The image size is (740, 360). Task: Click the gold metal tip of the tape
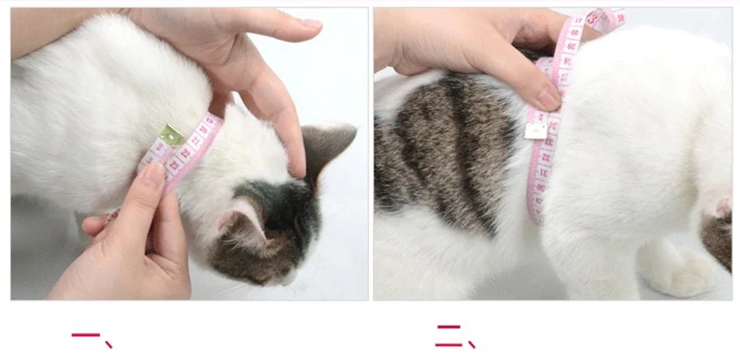click(x=169, y=135)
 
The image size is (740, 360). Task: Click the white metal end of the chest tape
click(x=535, y=130)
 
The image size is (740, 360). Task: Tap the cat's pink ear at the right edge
click(x=719, y=208)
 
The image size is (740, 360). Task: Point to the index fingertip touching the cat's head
click(x=296, y=167)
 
